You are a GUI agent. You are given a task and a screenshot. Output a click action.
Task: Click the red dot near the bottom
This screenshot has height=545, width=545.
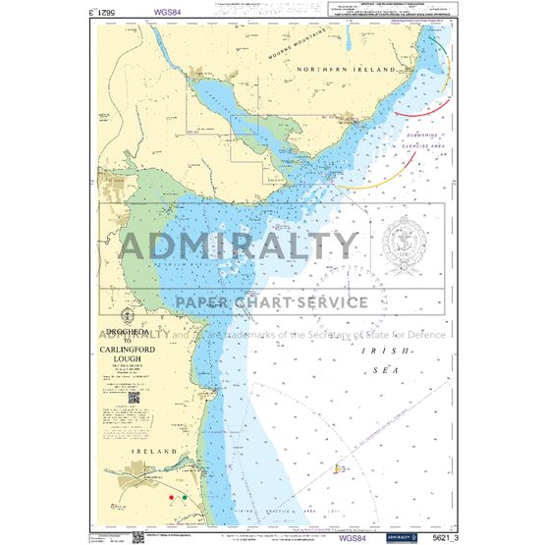171,498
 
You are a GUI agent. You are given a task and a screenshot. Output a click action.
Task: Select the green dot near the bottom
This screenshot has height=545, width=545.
186,498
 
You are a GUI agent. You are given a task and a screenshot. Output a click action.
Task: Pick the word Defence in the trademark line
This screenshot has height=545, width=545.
422,334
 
